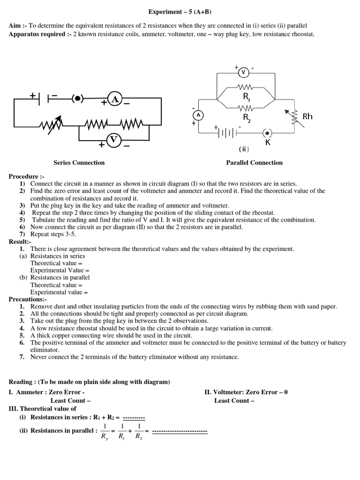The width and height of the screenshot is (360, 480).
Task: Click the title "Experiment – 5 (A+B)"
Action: pos(180,11)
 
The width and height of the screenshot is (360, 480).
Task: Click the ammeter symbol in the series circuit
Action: pos(114,99)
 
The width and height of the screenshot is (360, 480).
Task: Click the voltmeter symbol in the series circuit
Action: pos(114,140)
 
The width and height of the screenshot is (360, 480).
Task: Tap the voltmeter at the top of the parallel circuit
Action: pos(243,73)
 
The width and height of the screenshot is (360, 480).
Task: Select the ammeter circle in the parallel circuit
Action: pos(198,115)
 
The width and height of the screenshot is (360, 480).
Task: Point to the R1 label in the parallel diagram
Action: pos(246,97)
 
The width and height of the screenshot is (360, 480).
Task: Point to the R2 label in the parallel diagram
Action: pos(246,117)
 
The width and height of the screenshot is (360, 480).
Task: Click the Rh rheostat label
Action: pos(307,116)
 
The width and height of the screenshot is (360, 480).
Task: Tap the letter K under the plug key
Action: pos(268,142)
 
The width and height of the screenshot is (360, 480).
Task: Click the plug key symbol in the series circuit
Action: pos(78,98)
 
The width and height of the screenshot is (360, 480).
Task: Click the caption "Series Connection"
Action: pos(79,163)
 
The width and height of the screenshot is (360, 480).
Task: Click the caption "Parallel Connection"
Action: pos(254,163)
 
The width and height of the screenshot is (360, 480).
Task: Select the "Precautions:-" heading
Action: pos(28,299)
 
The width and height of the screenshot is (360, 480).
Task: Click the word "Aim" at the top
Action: pos(15,25)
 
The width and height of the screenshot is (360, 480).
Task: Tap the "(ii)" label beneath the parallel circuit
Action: pos(244,149)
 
